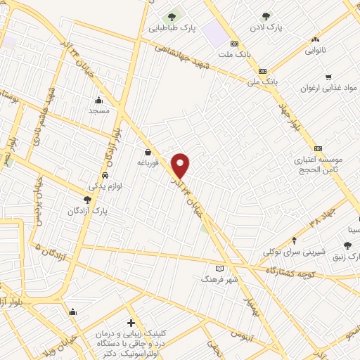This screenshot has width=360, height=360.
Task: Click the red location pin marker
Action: tap(181, 166)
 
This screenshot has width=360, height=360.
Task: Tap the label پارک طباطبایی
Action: tap(172, 30)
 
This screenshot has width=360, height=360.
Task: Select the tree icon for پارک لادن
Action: tap(266, 15)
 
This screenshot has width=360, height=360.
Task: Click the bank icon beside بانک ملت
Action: tap(243, 44)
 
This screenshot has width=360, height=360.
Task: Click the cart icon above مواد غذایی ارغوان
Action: tap(328, 77)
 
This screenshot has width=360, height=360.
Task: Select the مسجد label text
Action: tap(98, 111)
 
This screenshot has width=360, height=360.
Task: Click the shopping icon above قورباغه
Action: tap(148, 151)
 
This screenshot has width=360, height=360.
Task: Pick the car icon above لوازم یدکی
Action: tap(105, 175)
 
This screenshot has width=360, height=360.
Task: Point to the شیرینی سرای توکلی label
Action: tap(292, 252)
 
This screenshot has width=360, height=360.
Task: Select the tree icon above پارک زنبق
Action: tap(347, 245)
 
